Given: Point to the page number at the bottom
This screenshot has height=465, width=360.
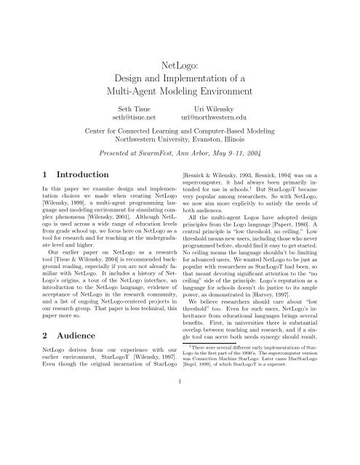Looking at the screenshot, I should [180, 440].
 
